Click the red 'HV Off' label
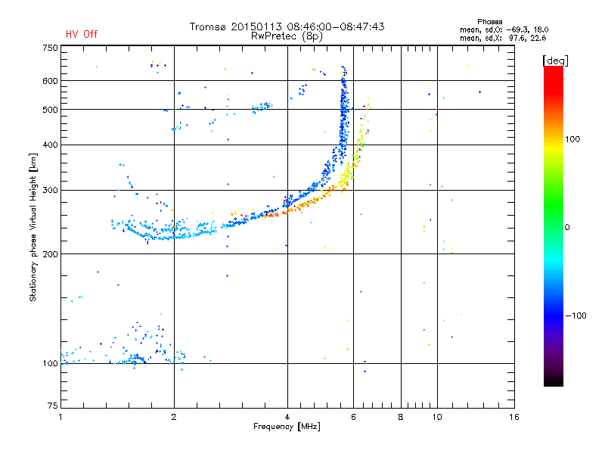click(x=82, y=34)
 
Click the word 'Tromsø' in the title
click(x=209, y=26)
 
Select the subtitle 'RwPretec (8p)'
click(x=287, y=36)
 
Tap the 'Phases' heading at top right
click(x=489, y=22)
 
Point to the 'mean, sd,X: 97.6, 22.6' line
click(x=503, y=38)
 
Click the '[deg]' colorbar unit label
click(x=555, y=61)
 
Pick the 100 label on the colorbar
click(x=572, y=139)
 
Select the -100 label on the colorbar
click(x=576, y=316)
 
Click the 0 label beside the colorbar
click(x=567, y=227)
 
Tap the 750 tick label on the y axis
click(x=50, y=48)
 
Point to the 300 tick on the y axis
click(x=50, y=190)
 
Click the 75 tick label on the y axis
click(x=53, y=406)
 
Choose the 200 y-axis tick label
click(x=50, y=253)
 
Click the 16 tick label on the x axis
click(x=514, y=417)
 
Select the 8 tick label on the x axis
click(x=401, y=417)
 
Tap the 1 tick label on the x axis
click(x=60, y=417)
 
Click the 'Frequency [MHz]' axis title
click(x=287, y=427)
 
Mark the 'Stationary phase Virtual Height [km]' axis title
click(x=33, y=227)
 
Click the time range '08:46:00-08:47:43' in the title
click(x=336, y=26)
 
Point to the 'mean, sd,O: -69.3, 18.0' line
click(x=504, y=30)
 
